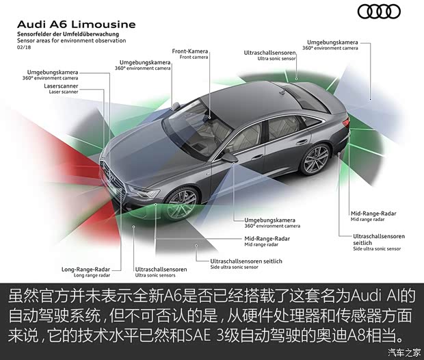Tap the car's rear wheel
(x=315, y=159)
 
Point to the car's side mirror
(x=230, y=157)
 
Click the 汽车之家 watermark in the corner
(x=403, y=352)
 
